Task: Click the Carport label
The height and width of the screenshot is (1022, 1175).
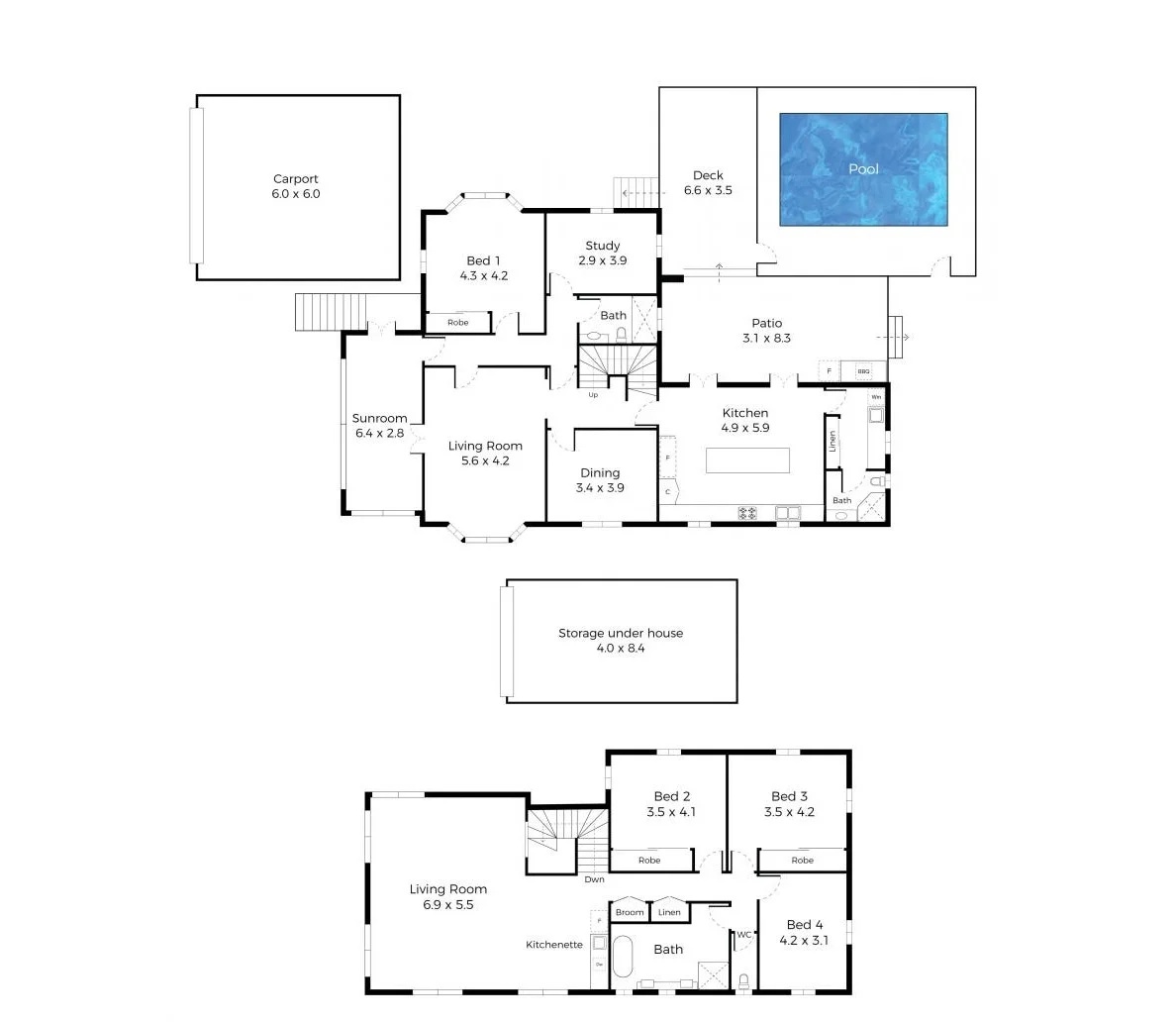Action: [x=296, y=179]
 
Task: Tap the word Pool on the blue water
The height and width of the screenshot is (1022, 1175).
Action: [x=863, y=169]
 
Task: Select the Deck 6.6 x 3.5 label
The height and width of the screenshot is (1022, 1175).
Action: [x=708, y=183]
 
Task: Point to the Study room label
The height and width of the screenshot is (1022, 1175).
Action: [x=602, y=246]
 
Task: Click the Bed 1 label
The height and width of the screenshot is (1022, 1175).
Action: [x=483, y=261]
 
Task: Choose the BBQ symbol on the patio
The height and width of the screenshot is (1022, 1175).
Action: [x=863, y=372]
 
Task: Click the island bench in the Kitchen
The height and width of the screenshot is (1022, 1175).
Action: [x=747, y=460]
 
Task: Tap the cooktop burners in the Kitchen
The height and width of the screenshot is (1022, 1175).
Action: [x=747, y=512]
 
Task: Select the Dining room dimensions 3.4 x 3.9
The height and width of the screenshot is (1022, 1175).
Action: [x=600, y=488]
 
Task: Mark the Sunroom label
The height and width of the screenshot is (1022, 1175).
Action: [x=379, y=418]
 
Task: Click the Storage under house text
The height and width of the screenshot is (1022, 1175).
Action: [x=621, y=633]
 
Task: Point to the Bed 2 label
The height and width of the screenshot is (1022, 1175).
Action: [x=672, y=796]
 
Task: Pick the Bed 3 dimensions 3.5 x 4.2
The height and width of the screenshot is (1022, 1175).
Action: [x=789, y=812]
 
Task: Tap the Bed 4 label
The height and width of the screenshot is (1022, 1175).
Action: [x=805, y=925]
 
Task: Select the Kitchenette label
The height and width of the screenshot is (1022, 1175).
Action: [x=554, y=945]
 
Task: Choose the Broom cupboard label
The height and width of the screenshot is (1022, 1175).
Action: [x=630, y=912]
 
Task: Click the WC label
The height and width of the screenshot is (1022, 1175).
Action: [x=742, y=934]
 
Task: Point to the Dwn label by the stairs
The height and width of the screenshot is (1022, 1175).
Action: [x=594, y=879]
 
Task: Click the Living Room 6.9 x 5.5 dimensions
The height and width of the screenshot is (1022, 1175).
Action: [x=447, y=905]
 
